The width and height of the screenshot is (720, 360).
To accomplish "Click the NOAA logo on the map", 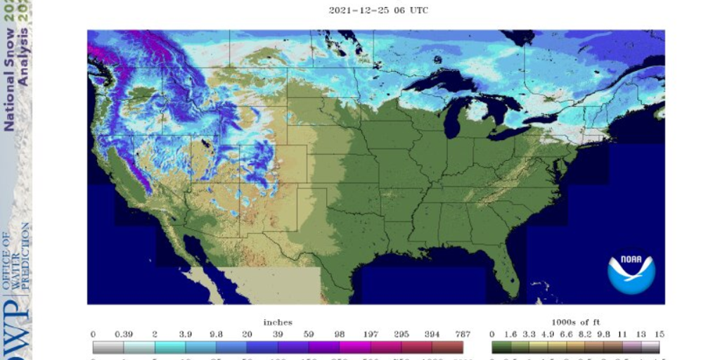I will pos(631,274).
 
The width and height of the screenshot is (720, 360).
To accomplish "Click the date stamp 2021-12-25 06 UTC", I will pos(378,11).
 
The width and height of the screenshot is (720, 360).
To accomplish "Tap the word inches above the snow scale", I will pos(278,322).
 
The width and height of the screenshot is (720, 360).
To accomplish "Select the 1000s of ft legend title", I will pos(575,322).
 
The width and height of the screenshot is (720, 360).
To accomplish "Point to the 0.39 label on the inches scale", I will pos(127,334).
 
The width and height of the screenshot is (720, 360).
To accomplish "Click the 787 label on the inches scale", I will pos(462,334).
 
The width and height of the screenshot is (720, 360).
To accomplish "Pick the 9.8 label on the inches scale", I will pos(217,334).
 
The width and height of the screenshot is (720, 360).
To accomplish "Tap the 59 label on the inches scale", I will pos(309,334).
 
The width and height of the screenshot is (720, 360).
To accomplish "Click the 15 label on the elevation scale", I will pos(658,334).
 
